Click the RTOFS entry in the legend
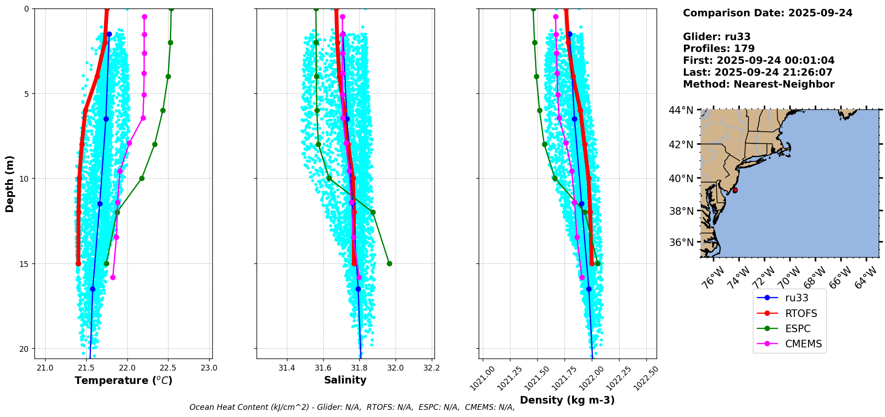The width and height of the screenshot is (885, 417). tap(801, 313)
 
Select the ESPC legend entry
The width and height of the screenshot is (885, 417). tap(797, 329)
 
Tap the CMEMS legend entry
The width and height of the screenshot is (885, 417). tap(803, 344)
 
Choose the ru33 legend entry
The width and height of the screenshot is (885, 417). tap(796, 298)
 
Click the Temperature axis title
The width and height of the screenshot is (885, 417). tap(123, 380)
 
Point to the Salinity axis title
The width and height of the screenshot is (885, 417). tap(345, 380)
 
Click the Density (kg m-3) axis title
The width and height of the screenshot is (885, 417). tap(567, 400)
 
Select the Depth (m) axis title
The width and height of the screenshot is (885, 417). tap(10, 183)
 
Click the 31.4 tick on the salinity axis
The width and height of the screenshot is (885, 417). tap(287, 368)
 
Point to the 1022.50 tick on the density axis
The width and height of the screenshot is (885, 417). tap(645, 379)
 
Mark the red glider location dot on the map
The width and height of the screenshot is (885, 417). tap(735, 190)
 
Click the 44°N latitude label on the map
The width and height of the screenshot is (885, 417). tap(681, 110)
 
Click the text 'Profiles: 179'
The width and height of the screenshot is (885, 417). tap(719, 49)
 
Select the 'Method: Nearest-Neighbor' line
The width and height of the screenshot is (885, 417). tap(759, 84)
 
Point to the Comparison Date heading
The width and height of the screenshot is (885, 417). tap(767, 13)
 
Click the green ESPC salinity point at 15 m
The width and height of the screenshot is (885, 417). tap(389, 263)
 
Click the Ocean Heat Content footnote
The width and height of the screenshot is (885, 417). tap(352, 407)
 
